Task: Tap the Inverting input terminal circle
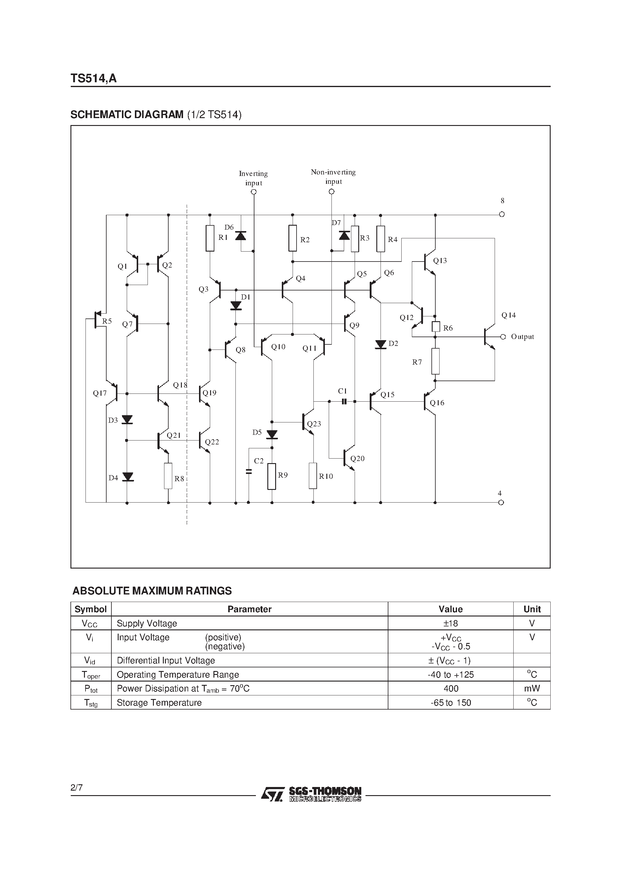253,192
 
